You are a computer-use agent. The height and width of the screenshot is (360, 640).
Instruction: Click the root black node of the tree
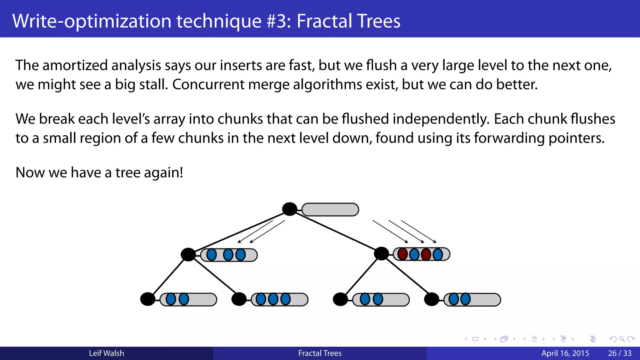point(289,209)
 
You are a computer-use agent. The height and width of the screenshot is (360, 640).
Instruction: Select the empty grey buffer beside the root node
point(330,209)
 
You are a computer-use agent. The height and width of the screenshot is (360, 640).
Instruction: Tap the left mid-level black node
point(188,254)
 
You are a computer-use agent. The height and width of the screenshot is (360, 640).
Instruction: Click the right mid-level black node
point(381,253)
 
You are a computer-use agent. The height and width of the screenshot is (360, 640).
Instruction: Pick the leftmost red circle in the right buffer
point(402,254)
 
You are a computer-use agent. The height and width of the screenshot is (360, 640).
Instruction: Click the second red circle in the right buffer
point(426,254)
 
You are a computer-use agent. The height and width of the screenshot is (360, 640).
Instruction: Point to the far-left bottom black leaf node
point(147,299)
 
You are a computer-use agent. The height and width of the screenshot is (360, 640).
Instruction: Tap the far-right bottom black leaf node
point(432,299)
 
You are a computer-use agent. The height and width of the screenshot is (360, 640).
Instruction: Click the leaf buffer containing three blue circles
point(280,299)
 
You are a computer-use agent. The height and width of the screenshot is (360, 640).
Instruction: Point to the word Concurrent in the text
point(208,84)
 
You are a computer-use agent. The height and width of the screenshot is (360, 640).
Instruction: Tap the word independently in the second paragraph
point(441,119)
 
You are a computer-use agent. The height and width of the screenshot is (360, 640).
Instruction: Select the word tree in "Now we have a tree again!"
point(128,172)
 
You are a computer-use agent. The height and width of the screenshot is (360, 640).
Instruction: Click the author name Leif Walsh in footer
point(106,353)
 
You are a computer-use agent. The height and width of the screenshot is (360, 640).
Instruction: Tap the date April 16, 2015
point(565,353)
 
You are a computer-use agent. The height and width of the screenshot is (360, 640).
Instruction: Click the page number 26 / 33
point(619,353)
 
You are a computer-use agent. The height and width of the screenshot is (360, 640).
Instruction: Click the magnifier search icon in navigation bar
point(622,339)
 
